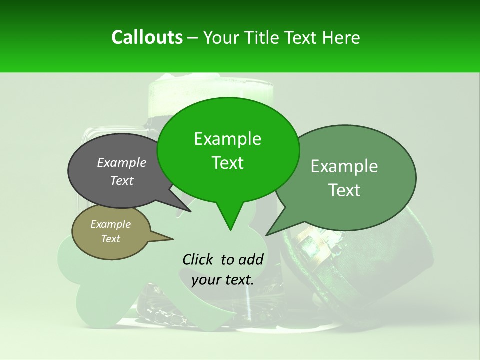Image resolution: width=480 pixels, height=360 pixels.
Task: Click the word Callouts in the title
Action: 147,37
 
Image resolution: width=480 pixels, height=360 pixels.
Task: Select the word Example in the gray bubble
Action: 122,162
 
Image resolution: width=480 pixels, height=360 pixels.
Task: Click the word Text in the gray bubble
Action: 122,180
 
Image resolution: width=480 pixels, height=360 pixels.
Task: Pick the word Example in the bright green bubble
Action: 227,139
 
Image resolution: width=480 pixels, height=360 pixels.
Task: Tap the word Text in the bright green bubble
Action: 227,162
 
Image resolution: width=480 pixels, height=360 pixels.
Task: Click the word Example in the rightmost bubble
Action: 344,166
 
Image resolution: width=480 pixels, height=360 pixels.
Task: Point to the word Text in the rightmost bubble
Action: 344,190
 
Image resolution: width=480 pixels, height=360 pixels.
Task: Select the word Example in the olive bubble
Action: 110,224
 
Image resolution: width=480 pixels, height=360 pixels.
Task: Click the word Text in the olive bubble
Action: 110,239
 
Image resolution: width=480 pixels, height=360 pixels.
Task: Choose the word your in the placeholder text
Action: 205,280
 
